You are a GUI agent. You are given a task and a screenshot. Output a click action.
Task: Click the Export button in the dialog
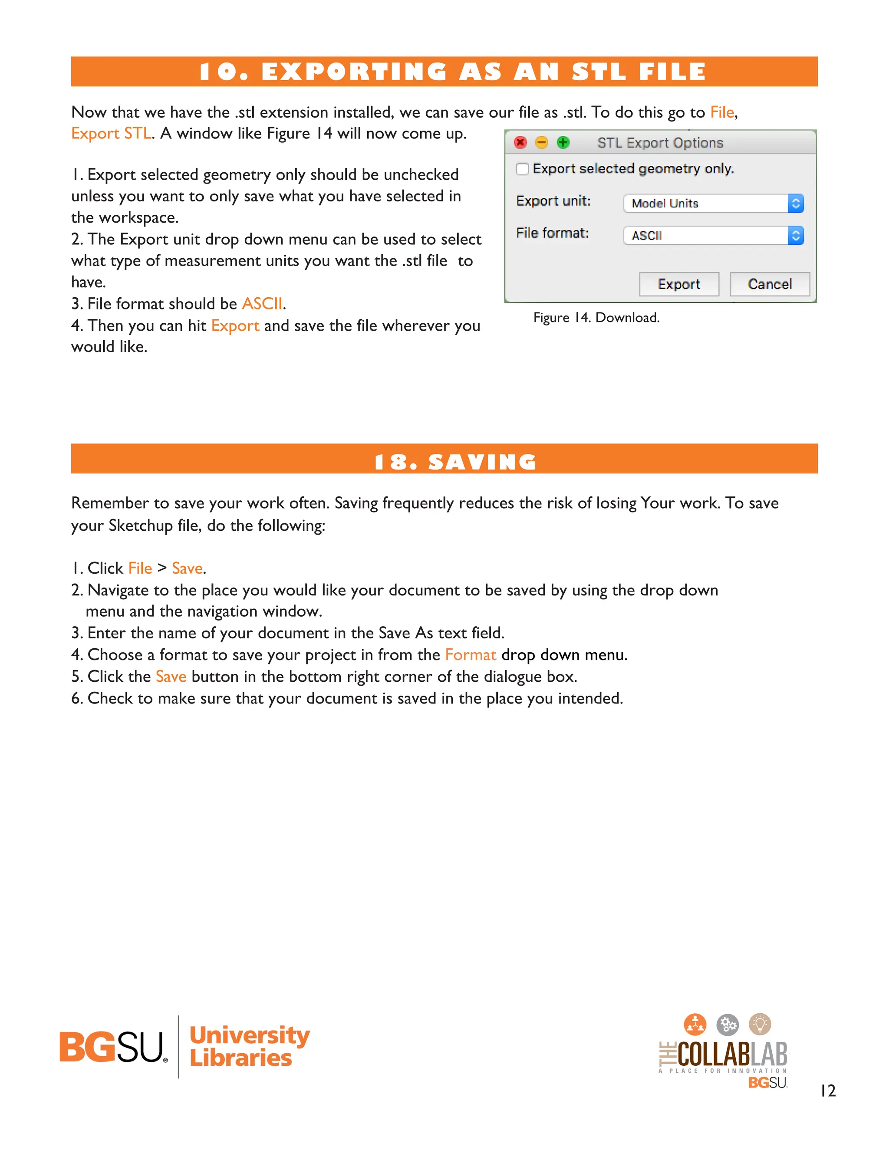click(679, 284)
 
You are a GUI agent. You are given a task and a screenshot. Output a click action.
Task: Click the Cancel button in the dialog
click(770, 284)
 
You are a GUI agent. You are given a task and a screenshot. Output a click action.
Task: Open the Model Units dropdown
click(713, 203)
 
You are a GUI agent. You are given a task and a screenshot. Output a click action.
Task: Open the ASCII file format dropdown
click(713, 235)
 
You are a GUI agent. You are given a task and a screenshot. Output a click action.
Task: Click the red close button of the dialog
click(520, 143)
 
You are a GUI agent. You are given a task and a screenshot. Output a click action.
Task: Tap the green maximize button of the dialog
click(563, 143)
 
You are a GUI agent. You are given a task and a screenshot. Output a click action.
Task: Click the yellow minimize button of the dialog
click(541, 143)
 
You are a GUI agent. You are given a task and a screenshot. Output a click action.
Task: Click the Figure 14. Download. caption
click(596, 318)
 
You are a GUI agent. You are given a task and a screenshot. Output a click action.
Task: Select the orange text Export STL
click(111, 133)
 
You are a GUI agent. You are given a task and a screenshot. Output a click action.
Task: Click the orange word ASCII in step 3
click(262, 304)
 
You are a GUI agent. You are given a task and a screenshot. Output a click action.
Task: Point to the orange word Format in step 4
click(470, 654)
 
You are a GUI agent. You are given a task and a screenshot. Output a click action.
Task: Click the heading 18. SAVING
click(455, 462)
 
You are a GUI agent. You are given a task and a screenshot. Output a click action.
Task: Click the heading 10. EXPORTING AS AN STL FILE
click(452, 72)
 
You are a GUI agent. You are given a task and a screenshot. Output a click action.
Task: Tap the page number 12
click(827, 1091)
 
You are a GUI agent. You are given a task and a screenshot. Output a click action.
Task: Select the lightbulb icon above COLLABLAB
click(760, 1024)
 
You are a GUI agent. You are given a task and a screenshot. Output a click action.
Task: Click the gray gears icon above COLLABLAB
click(728, 1025)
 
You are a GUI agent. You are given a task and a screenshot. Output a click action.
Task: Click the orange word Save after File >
click(187, 568)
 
